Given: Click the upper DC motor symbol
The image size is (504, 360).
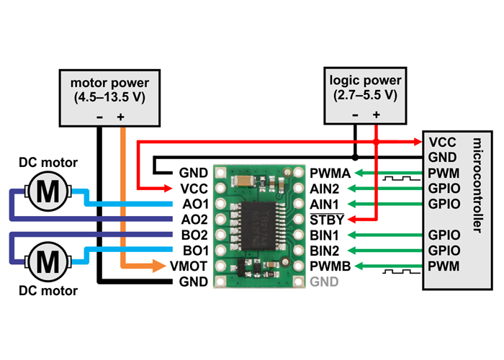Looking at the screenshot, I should click(48, 192).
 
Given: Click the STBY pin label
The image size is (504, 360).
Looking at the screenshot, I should click(326, 219).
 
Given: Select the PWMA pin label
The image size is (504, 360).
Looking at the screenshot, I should click(330, 173).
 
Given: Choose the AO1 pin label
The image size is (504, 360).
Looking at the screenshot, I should click(195, 204).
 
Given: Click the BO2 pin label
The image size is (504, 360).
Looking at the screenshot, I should click(195, 235).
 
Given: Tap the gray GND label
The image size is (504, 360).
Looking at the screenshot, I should click(324, 282).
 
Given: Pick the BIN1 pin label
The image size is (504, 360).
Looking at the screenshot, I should click(325, 235).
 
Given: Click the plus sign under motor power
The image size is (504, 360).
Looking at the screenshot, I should click(121, 117).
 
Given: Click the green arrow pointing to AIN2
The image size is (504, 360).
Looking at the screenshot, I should click(389, 189).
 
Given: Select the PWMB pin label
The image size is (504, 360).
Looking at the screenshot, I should click(330, 266).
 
